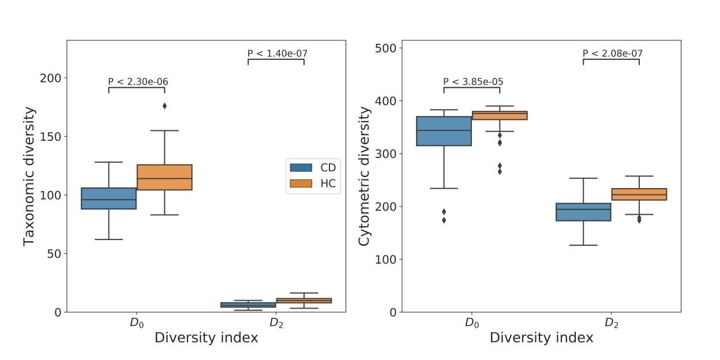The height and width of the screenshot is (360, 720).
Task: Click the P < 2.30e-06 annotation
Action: tap(138, 82)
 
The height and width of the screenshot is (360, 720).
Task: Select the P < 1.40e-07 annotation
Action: tap(277, 54)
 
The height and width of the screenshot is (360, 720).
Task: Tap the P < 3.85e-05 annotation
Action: tap(473, 82)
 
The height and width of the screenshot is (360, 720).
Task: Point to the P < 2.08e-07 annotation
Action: tap(613, 54)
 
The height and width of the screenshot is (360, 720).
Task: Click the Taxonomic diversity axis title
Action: tap(29, 176)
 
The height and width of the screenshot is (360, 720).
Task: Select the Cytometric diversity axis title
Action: tap(365, 176)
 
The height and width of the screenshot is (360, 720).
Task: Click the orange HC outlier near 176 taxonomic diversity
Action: tap(164, 106)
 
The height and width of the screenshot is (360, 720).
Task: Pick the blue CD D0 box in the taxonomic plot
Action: tap(108, 198)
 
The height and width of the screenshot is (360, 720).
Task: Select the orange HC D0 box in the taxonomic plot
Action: tap(164, 177)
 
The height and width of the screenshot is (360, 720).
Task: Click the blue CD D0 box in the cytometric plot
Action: tap(444, 131)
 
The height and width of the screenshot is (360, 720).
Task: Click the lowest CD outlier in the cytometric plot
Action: tap(444, 220)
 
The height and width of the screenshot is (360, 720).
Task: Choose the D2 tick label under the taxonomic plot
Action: tap(276, 323)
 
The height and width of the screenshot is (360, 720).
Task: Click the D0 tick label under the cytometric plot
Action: tap(472, 323)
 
